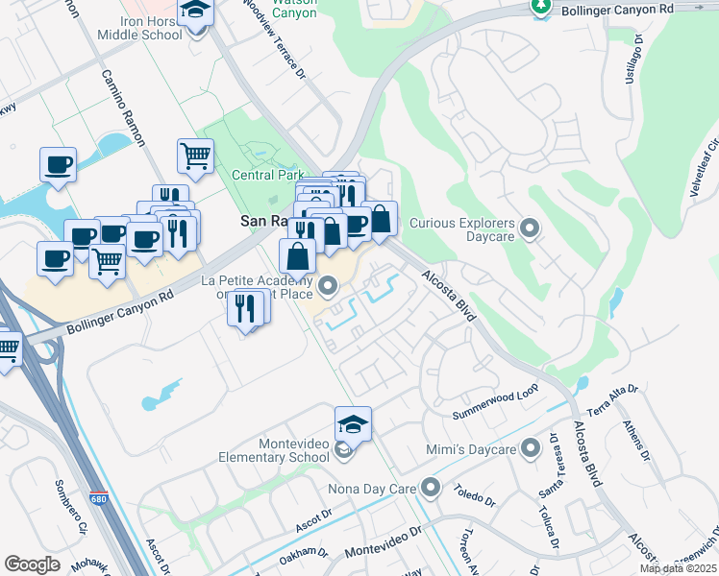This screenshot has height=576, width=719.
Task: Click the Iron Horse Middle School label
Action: (x=139, y=28)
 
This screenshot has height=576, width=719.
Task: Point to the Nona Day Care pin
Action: (x=430, y=488)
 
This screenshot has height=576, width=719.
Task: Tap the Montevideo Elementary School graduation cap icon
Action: (x=353, y=422)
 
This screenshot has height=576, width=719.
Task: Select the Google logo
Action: (x=32, y=564)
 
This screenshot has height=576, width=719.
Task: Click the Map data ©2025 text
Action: (x=679, y=568)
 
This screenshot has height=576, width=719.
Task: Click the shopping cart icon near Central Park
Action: (x=195, y=156)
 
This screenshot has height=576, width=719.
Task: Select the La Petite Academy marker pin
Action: (x=329, y=285)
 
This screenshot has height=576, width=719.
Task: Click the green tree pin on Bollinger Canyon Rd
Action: (x=540, y=7)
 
